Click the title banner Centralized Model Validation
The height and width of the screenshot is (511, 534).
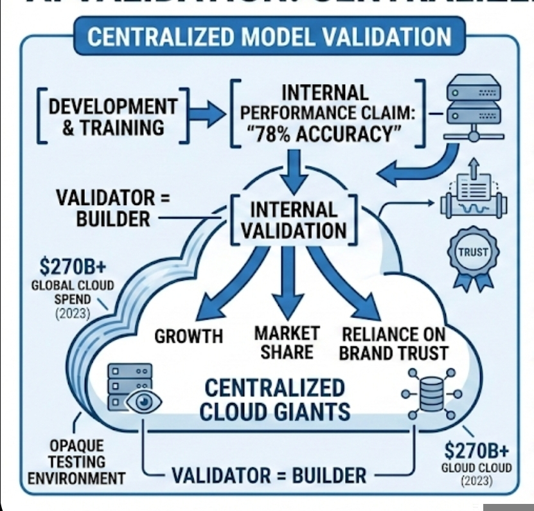point(269,36)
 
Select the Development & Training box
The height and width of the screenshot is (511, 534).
point(113,116)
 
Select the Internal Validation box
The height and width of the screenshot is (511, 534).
point(292,219)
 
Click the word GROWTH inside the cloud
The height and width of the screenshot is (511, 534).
point(188,336)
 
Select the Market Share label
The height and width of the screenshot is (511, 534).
point(287,343)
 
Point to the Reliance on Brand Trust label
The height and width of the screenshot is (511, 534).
point(393,343)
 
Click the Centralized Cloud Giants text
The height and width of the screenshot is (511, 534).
point(274,399)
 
